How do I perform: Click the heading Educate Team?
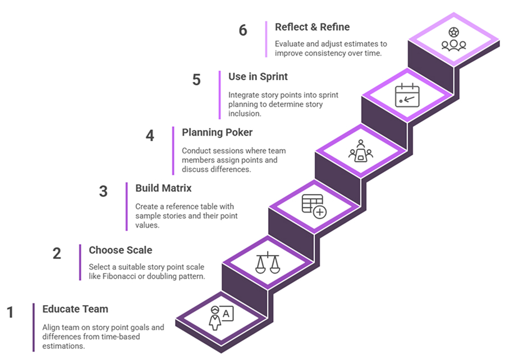click(x=75, y=309)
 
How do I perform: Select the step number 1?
click(x=10, y=312)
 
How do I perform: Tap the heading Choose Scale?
click(x=120, y=250)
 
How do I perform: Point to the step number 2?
click(x=57, y=253)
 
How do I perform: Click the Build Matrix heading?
click(x=163, y=188)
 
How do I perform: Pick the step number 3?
click(x=103, y=191)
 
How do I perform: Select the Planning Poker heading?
click(x=217, y=132)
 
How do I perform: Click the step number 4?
click(x=150, y=136)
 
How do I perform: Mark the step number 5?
click(x=196, y=80)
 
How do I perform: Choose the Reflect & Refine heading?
click(x=312, y=26)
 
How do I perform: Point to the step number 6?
click(x=243, y=30)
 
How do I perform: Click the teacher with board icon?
click(x=220, y=317)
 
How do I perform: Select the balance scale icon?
click(x=267, y=262)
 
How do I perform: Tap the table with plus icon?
click(x=314, y=206)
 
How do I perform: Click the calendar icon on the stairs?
click(x=407, y=95)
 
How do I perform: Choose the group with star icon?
click(x=453, y=39)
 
